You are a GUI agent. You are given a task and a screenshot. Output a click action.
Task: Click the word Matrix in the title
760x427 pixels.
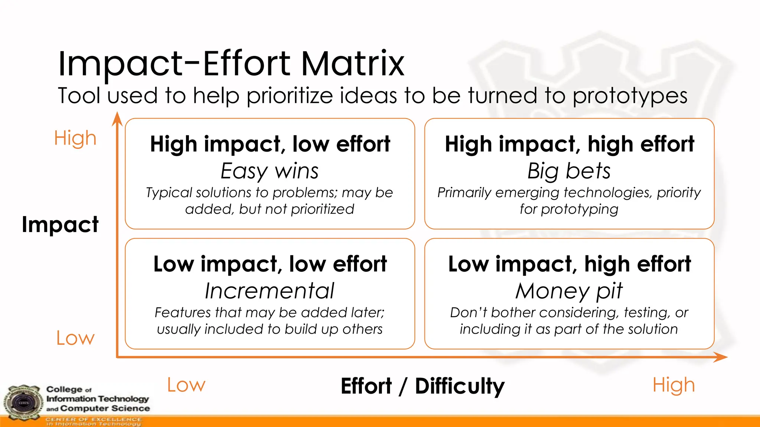click(x=352, y=64)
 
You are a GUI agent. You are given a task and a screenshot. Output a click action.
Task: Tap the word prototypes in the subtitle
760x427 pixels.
click(x=630, y=96)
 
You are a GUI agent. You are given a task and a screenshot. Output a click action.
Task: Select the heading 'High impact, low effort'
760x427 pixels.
click(x=270, y=144)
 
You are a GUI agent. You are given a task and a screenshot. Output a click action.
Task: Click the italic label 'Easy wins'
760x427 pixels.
click(x=270, y=171)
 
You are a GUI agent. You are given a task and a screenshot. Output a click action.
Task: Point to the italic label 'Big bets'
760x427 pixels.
click(x=569, y=171)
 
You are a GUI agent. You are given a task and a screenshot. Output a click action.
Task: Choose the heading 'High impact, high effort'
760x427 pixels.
click(x=569, y=144)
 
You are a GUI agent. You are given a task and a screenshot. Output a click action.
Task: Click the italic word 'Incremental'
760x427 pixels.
click(x=270, y=291)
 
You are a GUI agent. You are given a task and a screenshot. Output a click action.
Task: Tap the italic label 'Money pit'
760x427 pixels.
click(x=569, y=291)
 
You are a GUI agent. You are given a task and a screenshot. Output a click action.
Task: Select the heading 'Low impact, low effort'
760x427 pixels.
click(x=270, y=264)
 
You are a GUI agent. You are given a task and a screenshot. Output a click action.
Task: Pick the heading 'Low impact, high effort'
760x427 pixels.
click(x=569, y=264)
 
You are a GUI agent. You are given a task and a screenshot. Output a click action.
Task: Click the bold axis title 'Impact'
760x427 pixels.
click(x=60, y=225)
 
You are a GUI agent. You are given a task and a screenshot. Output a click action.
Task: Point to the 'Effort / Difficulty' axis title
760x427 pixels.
click(x=422, y=386)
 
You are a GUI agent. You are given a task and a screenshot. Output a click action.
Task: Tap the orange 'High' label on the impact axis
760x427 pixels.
click(x=75, y=138)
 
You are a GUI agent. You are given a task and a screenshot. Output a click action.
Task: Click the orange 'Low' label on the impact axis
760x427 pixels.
click(x=75, y=338)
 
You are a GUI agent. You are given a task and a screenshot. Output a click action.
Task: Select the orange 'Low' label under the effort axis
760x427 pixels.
click(x=186, y=385)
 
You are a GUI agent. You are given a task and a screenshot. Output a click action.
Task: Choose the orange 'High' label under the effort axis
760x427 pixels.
click(x=674, y=385)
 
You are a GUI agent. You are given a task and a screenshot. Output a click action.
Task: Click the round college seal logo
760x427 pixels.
click(x=23, y=403)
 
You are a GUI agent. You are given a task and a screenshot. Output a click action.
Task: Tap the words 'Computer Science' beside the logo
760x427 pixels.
click(x=105, y=408)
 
